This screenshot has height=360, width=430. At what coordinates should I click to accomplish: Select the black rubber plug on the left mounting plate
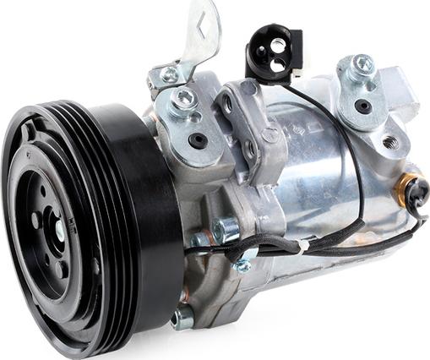coord(198,140)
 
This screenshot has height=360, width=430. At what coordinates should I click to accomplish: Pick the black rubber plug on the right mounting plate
coord(362,106)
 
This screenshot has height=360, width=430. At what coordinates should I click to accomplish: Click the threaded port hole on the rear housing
coord(389,141)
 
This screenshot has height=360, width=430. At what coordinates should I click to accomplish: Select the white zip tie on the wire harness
coord(302,248)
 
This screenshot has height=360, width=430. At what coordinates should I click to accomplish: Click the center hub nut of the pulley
coord(57,227)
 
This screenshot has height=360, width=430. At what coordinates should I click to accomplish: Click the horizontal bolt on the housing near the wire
coord(223,230)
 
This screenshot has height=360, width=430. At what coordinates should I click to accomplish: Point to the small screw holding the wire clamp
coord(243,265)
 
